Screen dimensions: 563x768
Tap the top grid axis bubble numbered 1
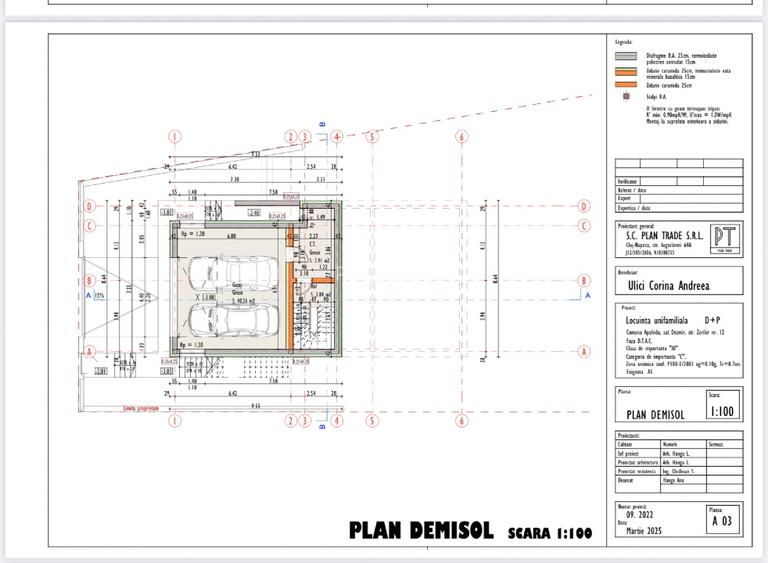coord(174,137)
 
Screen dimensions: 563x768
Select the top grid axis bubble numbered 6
coord(462,137)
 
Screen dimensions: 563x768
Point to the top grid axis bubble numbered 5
coord(371,137)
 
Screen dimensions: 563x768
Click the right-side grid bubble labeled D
coord(584,206)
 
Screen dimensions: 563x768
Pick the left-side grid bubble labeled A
coord(90,351)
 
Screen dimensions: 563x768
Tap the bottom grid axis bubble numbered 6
coord(462,421)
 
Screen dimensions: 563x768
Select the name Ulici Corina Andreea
coord(667,285)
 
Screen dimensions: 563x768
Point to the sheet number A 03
coord(722,521)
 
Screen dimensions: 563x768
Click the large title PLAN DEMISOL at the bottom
coord(420,530)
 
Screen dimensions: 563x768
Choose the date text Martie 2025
coord(640,530)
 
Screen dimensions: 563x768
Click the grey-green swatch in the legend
coord(626,57)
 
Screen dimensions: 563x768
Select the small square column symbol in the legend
coord(626,97)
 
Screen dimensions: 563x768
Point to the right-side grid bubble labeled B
coord(584,282)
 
